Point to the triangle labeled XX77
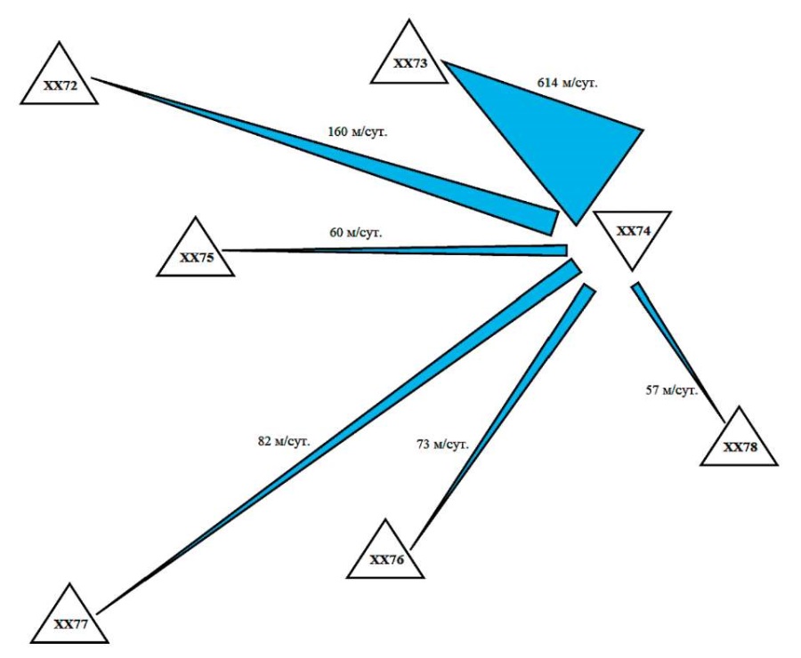[69, 620]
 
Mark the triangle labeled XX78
[740, 443]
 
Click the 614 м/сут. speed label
[567, 83]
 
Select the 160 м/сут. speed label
[358, 132]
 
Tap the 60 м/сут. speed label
[355, 233]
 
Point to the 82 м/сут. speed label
[284, 441]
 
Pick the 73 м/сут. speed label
[442, 444]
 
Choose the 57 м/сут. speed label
[672, 390]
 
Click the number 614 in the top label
[547, 83]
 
